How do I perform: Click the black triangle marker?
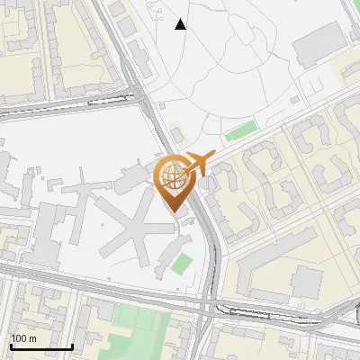coord(181,24)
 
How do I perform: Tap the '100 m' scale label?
coord(23,338)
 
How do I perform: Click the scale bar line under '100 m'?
coord(41,346)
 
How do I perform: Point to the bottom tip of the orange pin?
coord(173,212)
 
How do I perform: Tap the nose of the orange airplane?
coord(213,155)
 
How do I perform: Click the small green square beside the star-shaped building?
coord(183,265)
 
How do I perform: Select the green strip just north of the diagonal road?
coord(240,134)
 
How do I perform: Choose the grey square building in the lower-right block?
coord(306,283)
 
